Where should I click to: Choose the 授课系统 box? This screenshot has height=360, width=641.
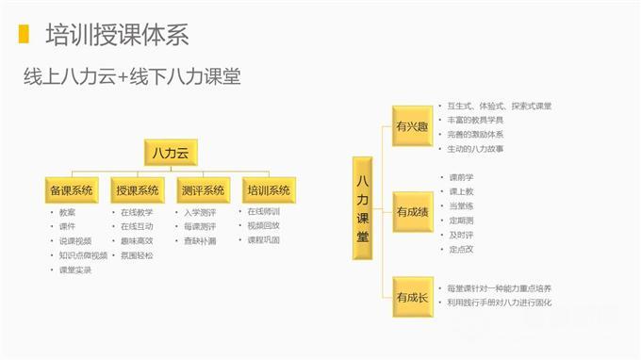(137, 189)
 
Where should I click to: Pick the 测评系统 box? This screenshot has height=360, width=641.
(203, 189)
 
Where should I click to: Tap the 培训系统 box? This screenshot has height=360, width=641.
(268, 189)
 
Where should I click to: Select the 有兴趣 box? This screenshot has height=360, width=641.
(412, 125)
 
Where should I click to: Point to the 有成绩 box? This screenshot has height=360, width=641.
(412, 211)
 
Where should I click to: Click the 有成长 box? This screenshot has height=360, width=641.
(412, 298)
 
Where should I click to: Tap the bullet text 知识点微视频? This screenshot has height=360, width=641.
(83, 255)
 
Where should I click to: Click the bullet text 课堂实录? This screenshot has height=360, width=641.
(74, 270)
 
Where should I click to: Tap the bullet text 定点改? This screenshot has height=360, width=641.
(462, 249)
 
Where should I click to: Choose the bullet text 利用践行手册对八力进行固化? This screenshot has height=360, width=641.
(500, 303)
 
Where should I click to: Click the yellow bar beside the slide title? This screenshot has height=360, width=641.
(23, 36)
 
